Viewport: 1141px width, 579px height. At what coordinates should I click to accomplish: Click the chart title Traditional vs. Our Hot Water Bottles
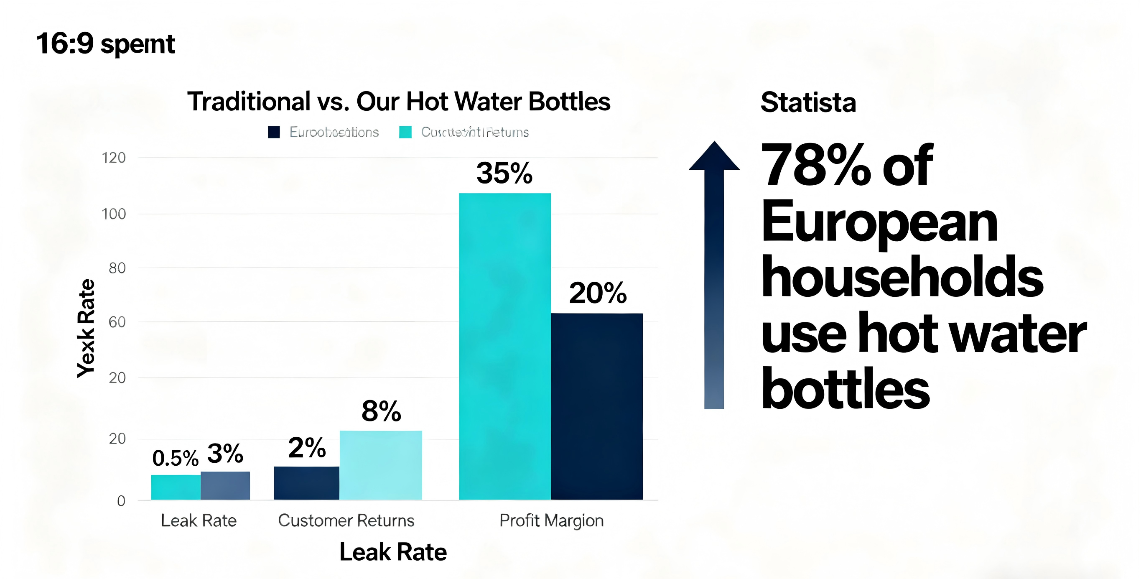pyautogui.click(x=399, y=102)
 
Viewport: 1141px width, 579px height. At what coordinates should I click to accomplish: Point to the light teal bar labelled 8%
pyautogui.click(x=381, y=465)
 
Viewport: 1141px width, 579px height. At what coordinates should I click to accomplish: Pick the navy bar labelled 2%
pyautogui.click(x=306, y=483)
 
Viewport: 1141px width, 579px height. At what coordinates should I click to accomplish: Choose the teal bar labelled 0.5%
pyautogui.click(x=176, y=487)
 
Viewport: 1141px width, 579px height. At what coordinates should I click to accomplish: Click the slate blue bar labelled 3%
pyautogui.click(x=225, y=485)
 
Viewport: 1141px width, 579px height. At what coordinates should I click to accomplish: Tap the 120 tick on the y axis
pyautogui.click(x=114, y=158)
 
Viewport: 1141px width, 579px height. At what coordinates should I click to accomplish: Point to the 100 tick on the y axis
pyautogui.click(x=114, y=214)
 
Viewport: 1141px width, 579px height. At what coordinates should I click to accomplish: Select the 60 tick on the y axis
pyautogui.click(x=117, y=322)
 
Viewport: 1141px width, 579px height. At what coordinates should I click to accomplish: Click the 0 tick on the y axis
pyautogui.click(x=121, y=501)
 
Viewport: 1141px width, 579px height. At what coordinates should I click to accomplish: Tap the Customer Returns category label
pyautogui.click(x=346, y=520)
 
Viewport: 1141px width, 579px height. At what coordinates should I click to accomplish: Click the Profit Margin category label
pyautogui.click(x=551, y=520)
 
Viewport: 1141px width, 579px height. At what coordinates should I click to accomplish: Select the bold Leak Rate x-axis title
pyautogui.click(x=393, y=552)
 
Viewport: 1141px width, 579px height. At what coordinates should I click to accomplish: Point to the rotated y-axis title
pyautogui.click(x=86, y=328)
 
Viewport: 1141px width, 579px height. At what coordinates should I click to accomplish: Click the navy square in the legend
pyautogui.click(x=274, y=132)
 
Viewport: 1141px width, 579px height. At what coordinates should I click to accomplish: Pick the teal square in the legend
pyautogui.click(x=405, y=132)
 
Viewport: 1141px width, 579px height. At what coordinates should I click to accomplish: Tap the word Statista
pyautogui.click(x=808, y=102)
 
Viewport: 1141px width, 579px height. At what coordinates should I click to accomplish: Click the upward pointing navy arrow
pyautogui.click(x=714, y=275)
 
